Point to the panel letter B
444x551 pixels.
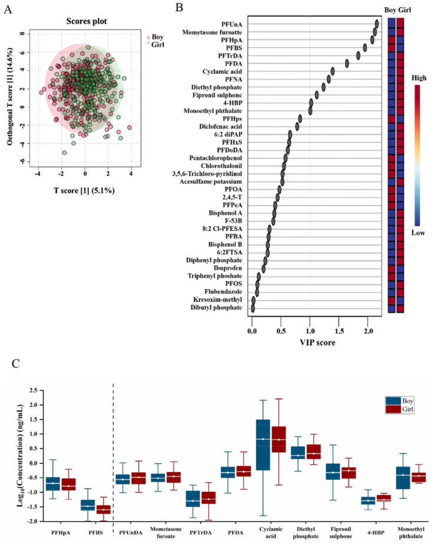(x=180, y=8)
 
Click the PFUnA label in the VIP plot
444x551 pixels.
(x=231, y=24)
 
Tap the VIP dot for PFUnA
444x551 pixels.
(x=376, y=24)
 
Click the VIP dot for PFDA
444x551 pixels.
(x=347, y=64)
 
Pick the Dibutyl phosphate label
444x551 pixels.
(x=216, y=307)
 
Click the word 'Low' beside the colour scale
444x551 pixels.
(x=419, y=233)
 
